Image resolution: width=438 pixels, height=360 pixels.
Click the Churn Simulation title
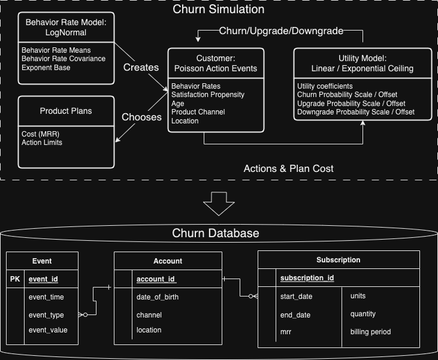click(219, 10)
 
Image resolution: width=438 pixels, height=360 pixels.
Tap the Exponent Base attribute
click(46, 68)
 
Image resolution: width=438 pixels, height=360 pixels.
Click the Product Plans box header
click(67, 111)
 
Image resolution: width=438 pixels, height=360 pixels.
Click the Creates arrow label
click(141, 67)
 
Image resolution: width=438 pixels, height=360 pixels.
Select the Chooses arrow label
click(141, 117)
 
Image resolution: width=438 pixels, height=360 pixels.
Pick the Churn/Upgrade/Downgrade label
click(282, 31)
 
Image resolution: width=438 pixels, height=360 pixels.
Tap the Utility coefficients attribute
click(325, 86)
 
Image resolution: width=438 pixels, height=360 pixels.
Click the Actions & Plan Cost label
click(288, 168)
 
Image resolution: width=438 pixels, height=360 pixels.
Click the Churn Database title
click(216, 233)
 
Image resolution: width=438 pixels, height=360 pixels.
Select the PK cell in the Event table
click(16, 279)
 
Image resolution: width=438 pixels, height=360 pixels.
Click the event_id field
click(43, 279)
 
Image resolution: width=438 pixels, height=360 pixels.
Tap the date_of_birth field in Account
click(158, 297)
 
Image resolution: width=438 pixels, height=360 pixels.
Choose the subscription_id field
click(307, 278)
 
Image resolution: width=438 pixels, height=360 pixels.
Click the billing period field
click(370, 331)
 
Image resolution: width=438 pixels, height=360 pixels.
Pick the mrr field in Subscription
click(286, 331)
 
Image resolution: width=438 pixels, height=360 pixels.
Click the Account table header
click(168, 261)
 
